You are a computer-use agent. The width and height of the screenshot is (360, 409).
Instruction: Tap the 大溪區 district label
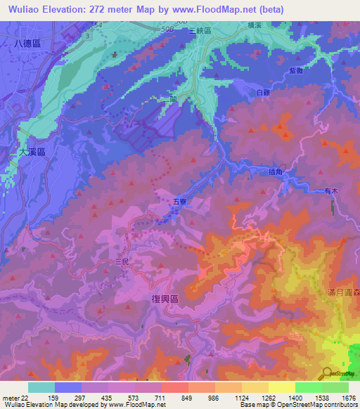click(30, 151)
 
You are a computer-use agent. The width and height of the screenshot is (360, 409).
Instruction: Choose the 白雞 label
click(263, 92)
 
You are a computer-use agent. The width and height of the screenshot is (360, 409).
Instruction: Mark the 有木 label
click(331, 190)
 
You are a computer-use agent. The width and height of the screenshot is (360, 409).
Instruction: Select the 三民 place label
click(122, 261)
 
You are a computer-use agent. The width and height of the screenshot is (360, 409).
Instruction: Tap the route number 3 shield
click(86, 34)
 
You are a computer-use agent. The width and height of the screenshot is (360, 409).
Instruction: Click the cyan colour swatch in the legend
click(41, 387)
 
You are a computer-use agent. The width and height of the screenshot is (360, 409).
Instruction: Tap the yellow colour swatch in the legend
click(282, 387)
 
